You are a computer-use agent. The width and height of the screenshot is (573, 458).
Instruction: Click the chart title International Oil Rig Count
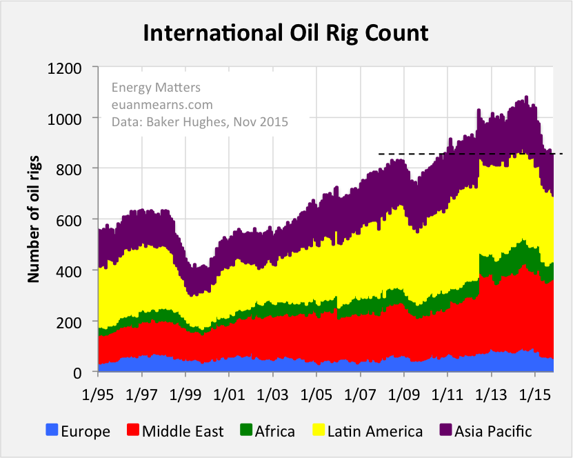(x=285, y=32)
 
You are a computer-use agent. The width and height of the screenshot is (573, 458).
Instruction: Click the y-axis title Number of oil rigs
(x=33, y=219)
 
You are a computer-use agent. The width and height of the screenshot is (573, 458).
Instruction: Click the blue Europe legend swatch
(x=51, y=431)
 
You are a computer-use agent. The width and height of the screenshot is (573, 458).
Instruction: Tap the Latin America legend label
(x=375, y=432)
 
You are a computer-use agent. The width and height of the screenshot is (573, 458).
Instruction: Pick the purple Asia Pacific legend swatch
(x=444, y=431)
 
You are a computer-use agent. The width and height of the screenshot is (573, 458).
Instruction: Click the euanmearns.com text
(x=162, y=105)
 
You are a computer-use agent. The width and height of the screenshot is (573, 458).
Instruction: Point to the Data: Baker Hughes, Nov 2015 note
(x=199, y=122)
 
